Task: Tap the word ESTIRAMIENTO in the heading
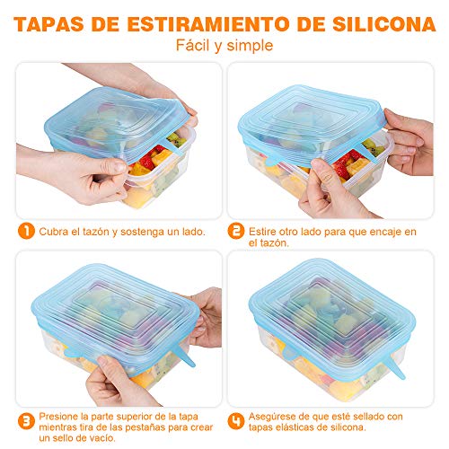[x=202, y=21]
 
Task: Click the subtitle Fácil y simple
[x=224, y=45]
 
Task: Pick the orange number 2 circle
[x=237, y=232]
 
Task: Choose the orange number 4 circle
[x=237, y=418]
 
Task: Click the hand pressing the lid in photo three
[x=126, y=373]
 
